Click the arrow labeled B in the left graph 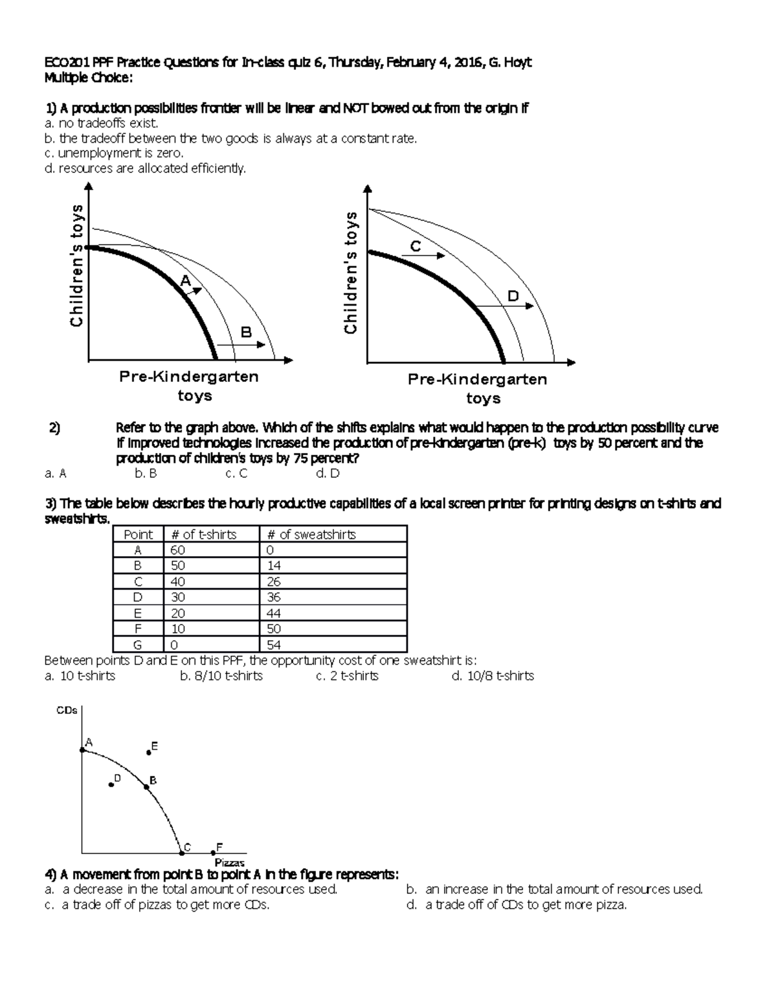point(242,345)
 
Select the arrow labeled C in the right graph point(423,256)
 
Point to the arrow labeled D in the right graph point(506,306)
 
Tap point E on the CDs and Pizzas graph point(149,753)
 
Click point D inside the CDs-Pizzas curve point(112,784)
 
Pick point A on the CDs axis point(82,749)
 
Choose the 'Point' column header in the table point(138,534)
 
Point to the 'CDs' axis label point(67,710)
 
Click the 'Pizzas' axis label point(229,863)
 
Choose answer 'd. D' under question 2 point(327,473)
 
